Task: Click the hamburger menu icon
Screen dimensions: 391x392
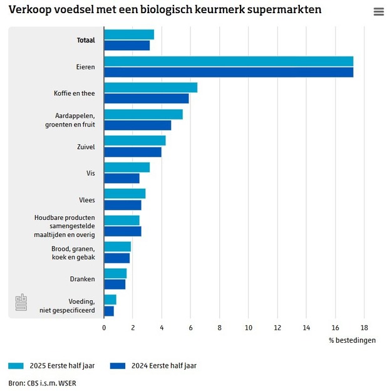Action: (378, 12)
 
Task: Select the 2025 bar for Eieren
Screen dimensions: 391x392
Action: (229, 61)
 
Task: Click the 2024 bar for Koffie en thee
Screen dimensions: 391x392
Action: (146, 98)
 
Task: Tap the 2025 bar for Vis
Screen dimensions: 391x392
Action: (126, 167)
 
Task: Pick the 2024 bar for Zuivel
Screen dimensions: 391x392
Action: (132, 152)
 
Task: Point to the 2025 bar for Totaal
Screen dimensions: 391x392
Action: (128, 34)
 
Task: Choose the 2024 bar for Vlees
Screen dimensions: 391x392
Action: (122, 205)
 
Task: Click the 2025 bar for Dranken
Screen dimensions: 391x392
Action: (115, 273)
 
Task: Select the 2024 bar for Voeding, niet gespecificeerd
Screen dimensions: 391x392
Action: (109, 311)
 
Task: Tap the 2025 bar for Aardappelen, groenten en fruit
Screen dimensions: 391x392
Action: (143, 114)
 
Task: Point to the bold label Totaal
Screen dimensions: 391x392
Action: (86, 40)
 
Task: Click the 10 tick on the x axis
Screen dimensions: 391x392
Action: (249, 327)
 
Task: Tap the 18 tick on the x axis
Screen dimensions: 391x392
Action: (364, 327)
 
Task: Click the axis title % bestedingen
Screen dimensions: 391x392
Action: (352, 340)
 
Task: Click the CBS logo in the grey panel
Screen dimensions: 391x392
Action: (21, 303)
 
